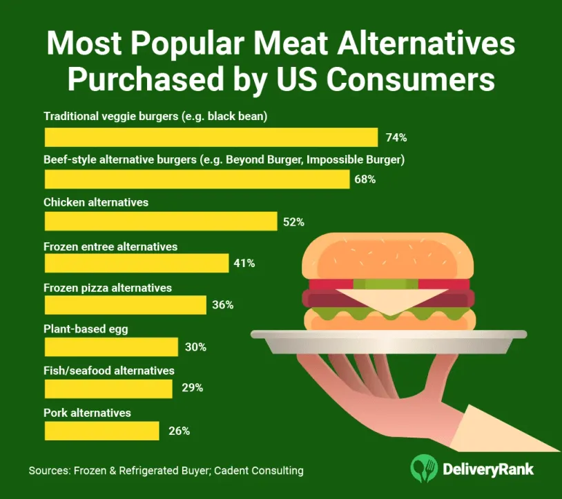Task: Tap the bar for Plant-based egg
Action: [110, 346]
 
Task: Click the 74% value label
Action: [396, 137]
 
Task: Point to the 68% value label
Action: [365, 179]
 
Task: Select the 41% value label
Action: [244, 263]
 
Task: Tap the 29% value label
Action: [192, 388]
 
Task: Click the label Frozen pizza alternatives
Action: [108, 287]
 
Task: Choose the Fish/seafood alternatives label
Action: [109, 371]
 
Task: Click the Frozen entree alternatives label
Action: [110, 246]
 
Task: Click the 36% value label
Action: [223, 305]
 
